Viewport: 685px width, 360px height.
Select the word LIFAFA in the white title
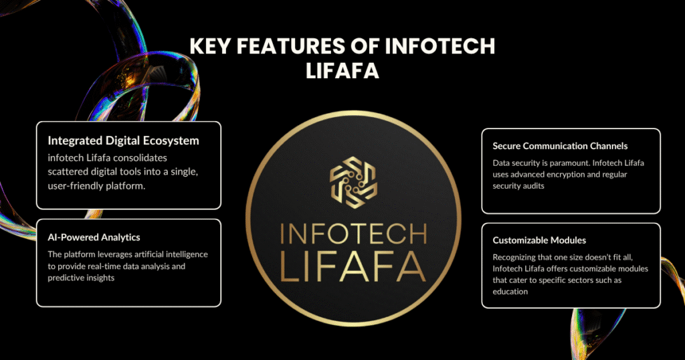[342, 71]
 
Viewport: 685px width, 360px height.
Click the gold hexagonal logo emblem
[353, 182]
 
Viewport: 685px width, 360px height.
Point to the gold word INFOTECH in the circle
[353, 234]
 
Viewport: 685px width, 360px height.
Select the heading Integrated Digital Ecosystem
[123, 141]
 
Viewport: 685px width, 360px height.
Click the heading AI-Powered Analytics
[94, 238]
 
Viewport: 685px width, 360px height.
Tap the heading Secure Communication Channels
[560, 146]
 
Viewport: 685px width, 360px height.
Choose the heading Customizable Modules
[539, 240]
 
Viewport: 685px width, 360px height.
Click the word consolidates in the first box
[138, 158]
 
